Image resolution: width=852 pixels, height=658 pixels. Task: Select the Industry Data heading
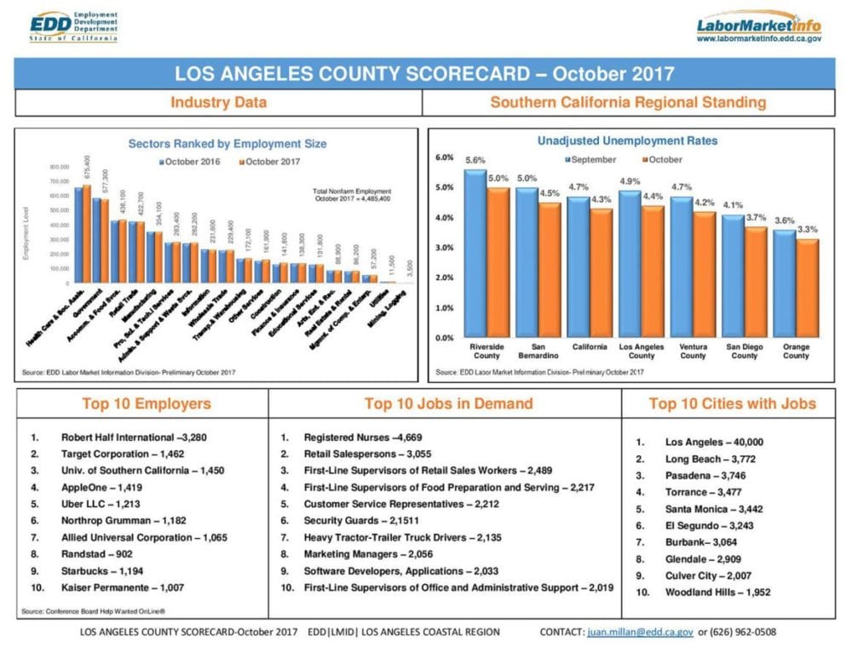[218, 103]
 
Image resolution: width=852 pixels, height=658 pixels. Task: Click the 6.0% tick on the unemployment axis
[443, 157]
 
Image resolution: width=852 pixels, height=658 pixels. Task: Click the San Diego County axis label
[744, 352]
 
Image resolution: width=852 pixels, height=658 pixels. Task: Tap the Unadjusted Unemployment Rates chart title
[627, 140]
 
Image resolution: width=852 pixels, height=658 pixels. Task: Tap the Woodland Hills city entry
[717, 592]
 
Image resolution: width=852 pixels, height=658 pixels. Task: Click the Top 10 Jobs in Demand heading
[448, 403]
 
